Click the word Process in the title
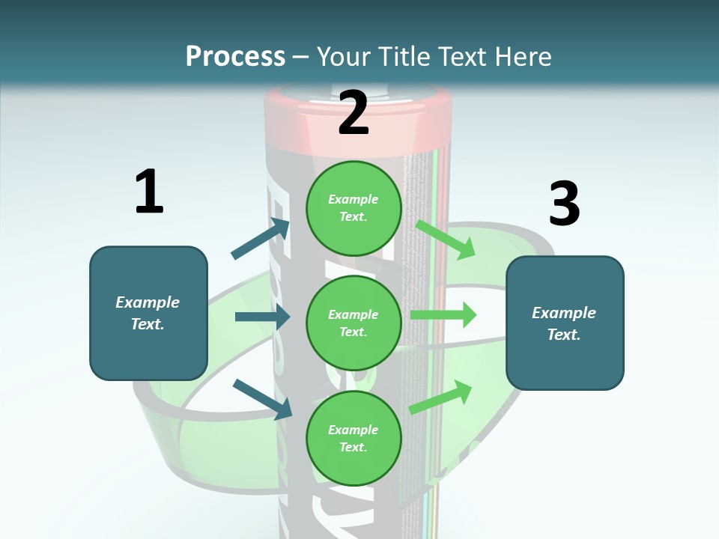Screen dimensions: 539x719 pyautogui.click(x=235, y=56)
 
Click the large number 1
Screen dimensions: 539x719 pyautogui.click(x=149, y=192)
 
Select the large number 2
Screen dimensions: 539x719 pyautogui.click(x=354, y=113)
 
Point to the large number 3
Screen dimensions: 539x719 pyautogui.click(x=564, y=204)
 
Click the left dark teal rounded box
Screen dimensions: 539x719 pyautogui.click(x=148, y=313)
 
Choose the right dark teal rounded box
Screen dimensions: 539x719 pyautogui.click(x=565, y=323)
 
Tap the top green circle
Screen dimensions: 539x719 pyautogui.click(x=354, y=207)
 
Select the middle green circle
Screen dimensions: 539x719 pyautogui.click(x=354, y=323)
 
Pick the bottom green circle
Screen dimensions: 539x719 pyautogui.click(x=354, y=438)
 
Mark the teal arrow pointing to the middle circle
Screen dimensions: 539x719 pyautogui.click(x=263, y=317)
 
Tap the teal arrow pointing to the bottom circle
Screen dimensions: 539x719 pyautogui.click(x=263, y=398)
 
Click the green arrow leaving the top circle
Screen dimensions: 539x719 pyautogui.click(x=445, y=239)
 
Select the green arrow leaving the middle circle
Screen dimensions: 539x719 pyautogui.click(x=443, y=314)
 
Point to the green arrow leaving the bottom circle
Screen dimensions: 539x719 pyautogui.click(x=441, y=397)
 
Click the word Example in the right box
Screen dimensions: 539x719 pyautogui.click(x=564, y=313)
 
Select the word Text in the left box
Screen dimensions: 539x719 pyautogui.click(x=147, y=324)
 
